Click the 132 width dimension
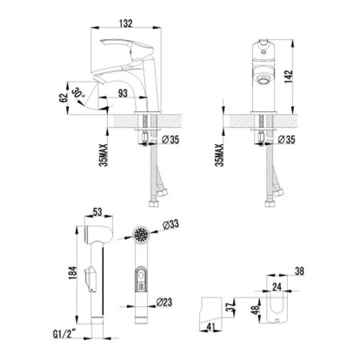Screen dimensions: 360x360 [126, 23]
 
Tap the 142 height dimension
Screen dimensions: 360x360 [289, 77]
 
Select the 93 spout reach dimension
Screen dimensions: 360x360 [122, 94]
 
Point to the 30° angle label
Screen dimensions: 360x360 [78, 93]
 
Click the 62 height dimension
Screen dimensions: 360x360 [64, 98]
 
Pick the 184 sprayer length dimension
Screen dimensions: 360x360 [73, 273]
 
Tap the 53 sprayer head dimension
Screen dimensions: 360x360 [98, 212]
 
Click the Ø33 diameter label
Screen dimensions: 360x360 [170, 225]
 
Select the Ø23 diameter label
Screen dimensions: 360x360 [164, 302]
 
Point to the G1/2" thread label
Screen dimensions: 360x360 [65, 334]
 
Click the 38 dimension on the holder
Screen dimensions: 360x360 [299, 271]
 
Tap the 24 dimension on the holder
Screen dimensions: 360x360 [277, 287]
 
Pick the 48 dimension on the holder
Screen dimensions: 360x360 [256, 310]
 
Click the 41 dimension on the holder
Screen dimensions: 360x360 [210, 327]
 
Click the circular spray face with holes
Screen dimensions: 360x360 [141, 234]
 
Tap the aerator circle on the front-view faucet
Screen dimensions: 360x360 [263, 78]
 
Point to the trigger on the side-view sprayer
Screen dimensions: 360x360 [90, 278]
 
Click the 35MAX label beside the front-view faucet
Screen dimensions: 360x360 [219, 155]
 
